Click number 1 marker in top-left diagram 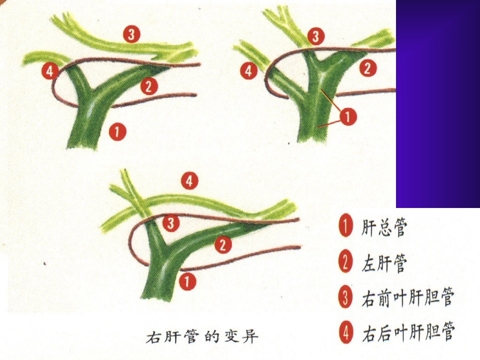pos(117,131)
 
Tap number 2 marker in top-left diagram pos(149,86)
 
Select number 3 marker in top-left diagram pos(131,34)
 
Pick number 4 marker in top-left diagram pos(50,71)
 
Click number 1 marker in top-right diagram pos(347,116)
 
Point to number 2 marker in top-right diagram pos(367,68)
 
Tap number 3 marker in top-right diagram pos(315,36)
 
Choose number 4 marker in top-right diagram pos(248,70)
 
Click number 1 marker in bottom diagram pos(187,281)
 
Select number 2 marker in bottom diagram pos(223,244)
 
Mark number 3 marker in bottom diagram pos(171,223)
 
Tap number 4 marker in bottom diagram pos(189,181)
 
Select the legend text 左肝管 pos(384,263)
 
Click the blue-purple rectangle pos(438,104)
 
